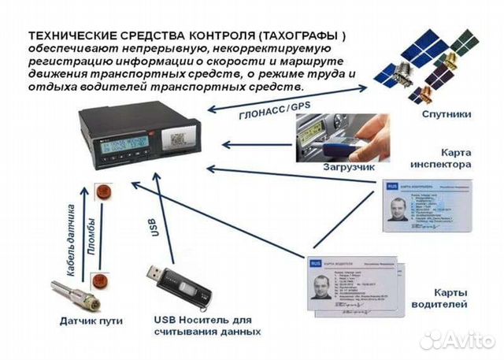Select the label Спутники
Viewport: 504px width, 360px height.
click(x=446, y=113)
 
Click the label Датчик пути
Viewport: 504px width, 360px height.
click(x=85, y=321)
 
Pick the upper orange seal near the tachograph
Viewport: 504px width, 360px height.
click(x=100, y=191)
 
